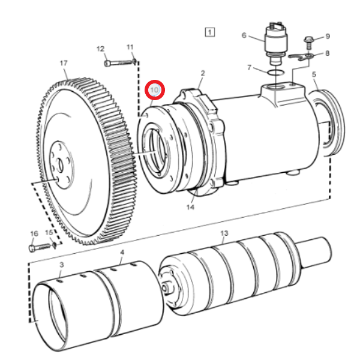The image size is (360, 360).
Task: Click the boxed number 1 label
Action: (209, 32)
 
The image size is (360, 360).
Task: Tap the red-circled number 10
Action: (155, 90)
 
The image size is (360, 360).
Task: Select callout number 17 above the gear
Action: (64, 62)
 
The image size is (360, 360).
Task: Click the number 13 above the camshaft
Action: (224, 233)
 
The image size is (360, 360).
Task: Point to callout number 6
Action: (244, 35)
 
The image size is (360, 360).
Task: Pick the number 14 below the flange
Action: (190, 208)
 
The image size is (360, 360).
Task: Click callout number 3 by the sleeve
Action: (62, 265)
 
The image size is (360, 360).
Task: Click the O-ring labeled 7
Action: (275, 73)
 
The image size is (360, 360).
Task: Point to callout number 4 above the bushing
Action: (122, 253)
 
